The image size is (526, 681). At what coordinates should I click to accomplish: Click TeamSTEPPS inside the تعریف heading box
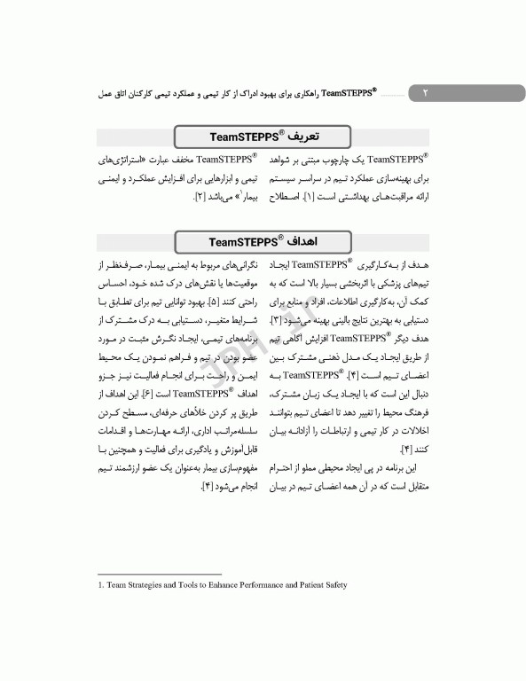pos(239,136)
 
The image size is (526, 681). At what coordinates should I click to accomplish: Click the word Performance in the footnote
pos(272,584)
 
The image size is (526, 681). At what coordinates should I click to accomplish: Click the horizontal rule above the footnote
pos(159,574)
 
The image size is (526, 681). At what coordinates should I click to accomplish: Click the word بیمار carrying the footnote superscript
pos(243,195)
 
